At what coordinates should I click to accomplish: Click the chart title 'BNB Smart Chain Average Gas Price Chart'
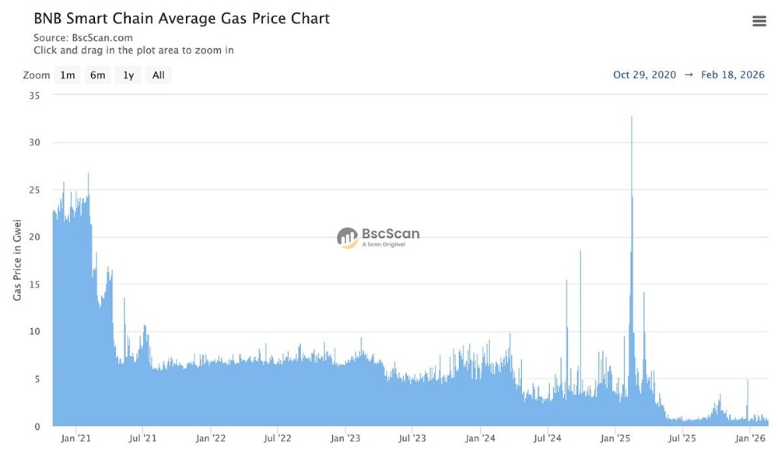coord(181,19)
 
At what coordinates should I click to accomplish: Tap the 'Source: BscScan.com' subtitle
coord(83,37)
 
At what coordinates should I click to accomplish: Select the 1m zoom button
coord(68,75)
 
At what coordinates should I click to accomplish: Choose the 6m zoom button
coord(97,75)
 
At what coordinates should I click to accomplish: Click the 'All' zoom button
coord(158,75)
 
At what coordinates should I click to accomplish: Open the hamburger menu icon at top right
coord(759,21)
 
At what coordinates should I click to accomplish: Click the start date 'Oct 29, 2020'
coord(644,75)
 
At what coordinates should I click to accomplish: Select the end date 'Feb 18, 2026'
coord(733,75)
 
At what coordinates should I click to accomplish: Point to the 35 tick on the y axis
coord(34,95)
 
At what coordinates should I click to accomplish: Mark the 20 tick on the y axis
coord(34,237)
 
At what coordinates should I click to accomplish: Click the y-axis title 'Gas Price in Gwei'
coord(17,260)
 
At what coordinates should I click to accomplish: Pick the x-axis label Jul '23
coord(412,438)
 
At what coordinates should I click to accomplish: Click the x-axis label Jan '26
coord(749,438)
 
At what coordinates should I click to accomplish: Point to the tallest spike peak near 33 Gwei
coord(632,117)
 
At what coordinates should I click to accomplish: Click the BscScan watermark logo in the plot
coord(378,237)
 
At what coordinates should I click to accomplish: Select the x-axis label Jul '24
coord(548,438)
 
